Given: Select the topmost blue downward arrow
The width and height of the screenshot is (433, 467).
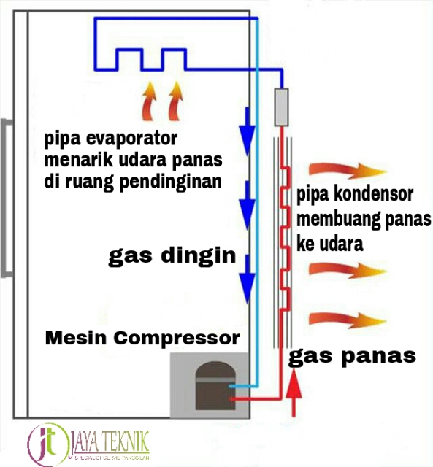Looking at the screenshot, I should pyautogui.click(x=248, y=128).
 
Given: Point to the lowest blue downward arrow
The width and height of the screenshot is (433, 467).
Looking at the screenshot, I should pyautogui.click(x=248, y=276).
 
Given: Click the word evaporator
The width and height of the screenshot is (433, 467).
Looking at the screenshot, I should pyautogui.click(x=129, y=139).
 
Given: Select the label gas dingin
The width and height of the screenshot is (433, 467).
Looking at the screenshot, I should pyautogui.click(x=172, y=256).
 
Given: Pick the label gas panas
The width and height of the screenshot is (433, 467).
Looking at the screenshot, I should pyautogui.click(x=353, y=356).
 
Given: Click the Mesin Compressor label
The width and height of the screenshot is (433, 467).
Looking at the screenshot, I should pyautogui.click(x=142, y=339).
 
